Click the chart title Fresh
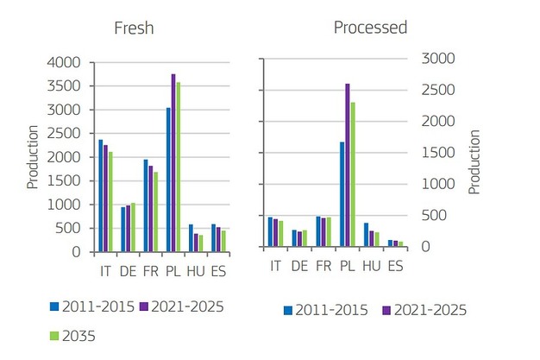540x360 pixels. click(134, 28)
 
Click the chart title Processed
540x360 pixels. click(370, 28)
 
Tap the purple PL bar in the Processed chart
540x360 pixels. click(348, 165)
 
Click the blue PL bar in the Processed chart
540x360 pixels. click(342, 194)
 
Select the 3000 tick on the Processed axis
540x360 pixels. click(434, 59)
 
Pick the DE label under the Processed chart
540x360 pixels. click(299, 265)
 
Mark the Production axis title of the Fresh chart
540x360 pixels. click(33, 157)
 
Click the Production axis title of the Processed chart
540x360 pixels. click(474, 161)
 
